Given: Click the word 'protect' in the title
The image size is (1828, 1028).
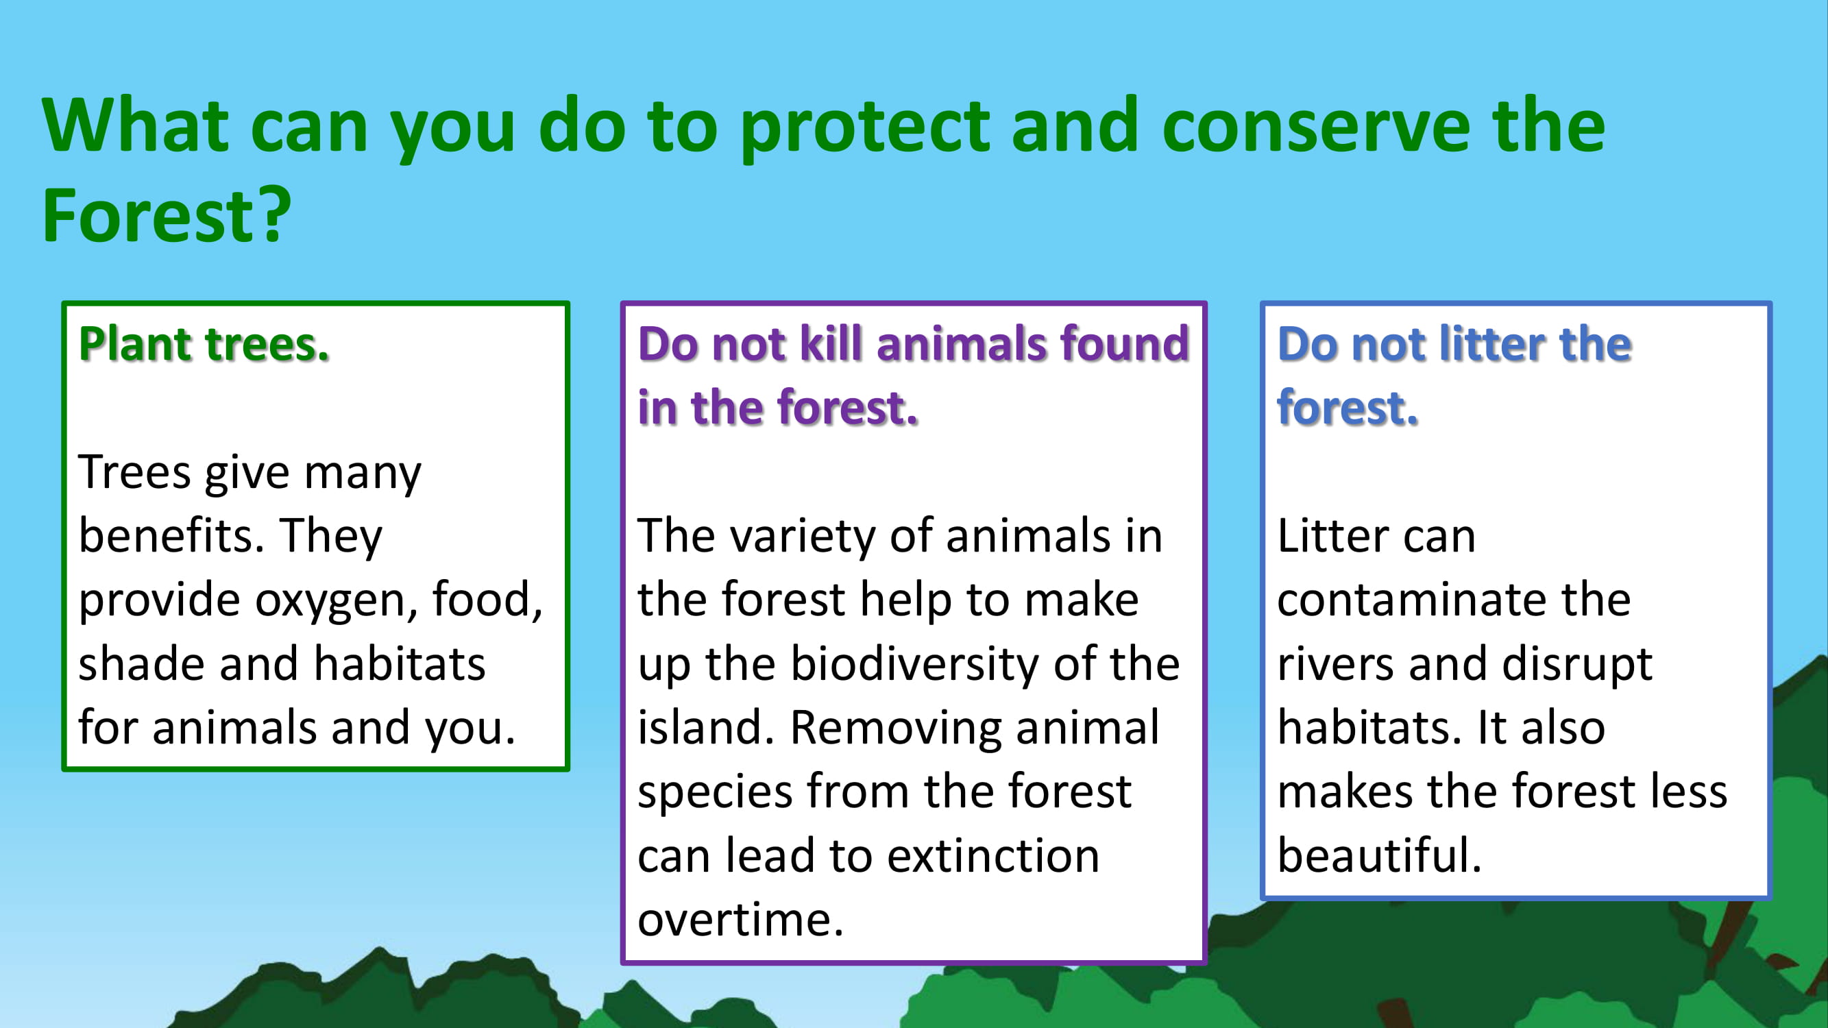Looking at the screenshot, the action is [x=865, y=130].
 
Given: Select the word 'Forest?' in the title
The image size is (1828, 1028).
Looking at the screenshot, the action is [x=166, y=215].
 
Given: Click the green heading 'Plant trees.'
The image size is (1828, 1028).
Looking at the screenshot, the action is [x=204, y=344].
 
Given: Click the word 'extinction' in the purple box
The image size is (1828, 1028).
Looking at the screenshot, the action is [x=993, y=855].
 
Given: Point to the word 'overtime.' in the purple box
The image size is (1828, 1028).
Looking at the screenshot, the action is [x=740, y=920].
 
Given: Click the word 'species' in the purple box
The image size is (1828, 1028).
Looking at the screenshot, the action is [x=715, y=792].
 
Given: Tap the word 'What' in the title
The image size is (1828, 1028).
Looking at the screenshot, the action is [x=136, y=125].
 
